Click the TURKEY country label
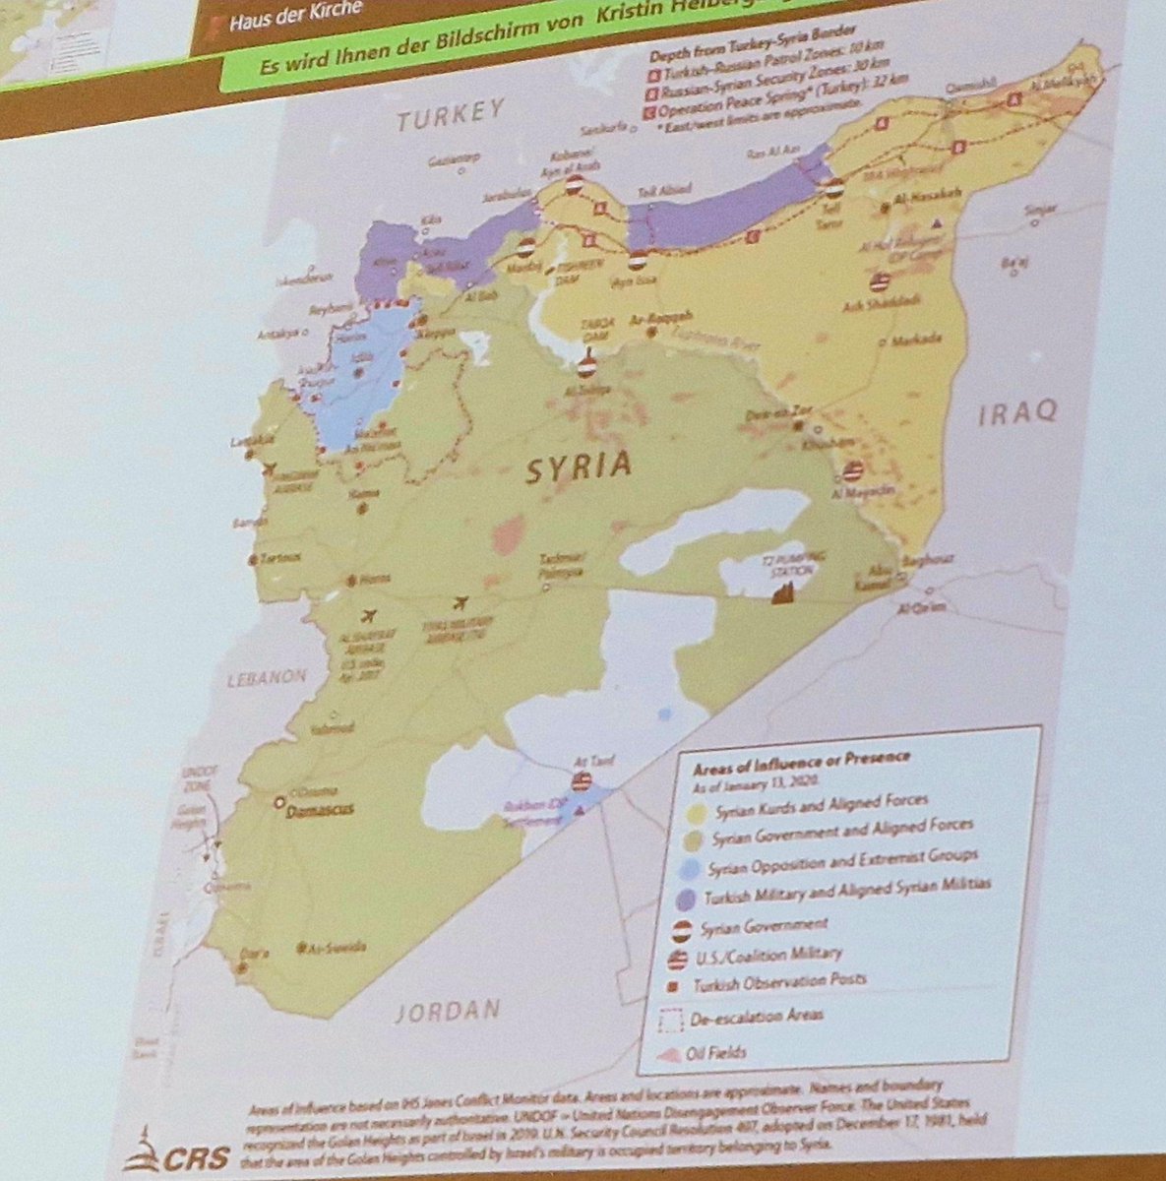coord(452,117)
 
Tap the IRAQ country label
coord(1017,413)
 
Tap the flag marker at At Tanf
coord(583,782)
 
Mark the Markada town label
coord(916,340)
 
